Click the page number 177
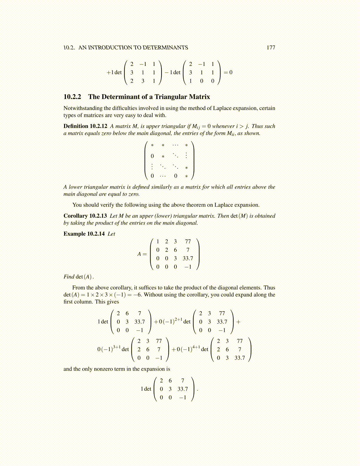271,48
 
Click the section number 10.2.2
72,97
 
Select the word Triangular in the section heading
172,97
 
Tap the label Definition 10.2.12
85,126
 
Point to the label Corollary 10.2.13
85,216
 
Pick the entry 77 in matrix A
188,242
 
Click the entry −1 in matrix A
188,267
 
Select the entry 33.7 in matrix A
188,258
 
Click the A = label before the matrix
142,254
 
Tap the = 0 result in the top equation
228,72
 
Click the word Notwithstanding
83,108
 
